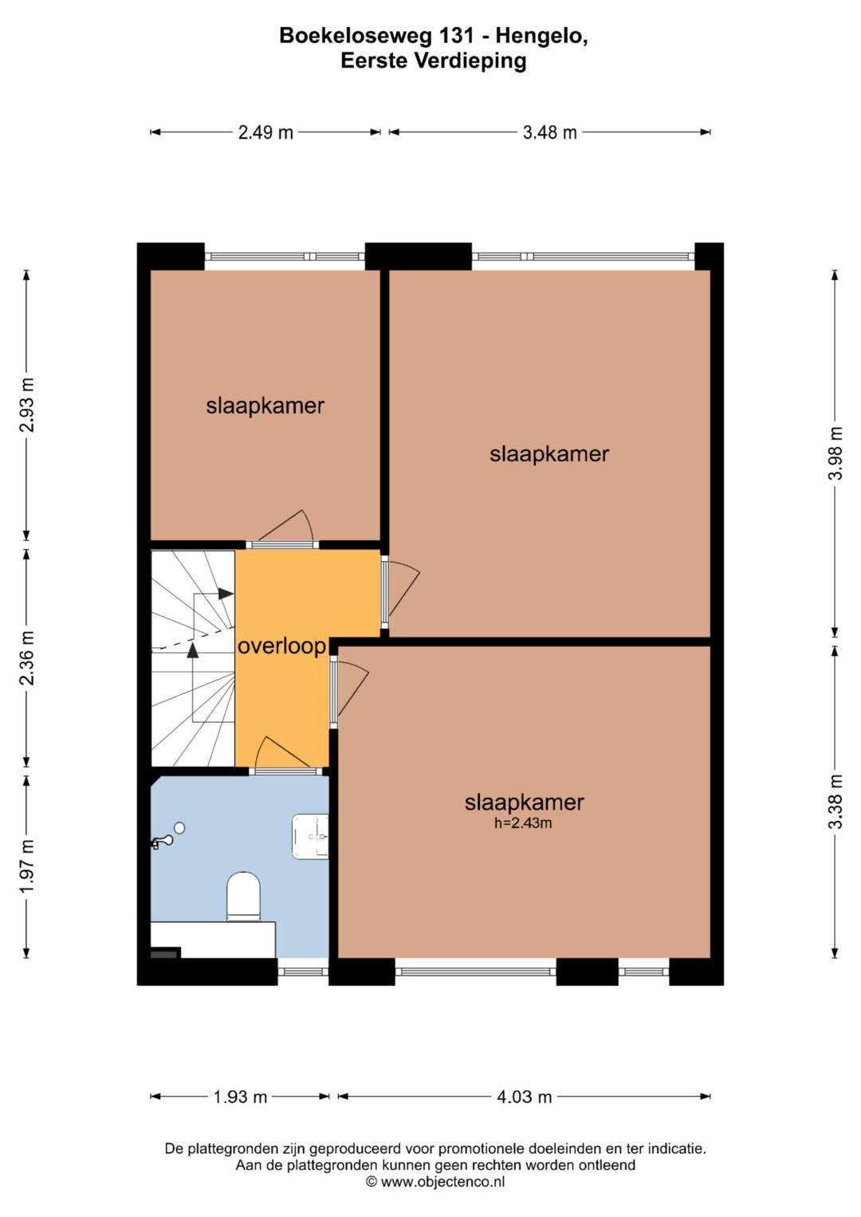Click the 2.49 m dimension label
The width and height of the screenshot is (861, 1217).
coord(265,132)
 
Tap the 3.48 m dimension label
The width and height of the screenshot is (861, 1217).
coord(549,132)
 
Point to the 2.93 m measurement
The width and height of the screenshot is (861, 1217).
coord(26,405)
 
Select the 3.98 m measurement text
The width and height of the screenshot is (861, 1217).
coord(835,453)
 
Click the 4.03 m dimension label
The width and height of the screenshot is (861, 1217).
coord(524,1097)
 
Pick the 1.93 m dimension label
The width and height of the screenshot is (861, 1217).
coord(240,1097)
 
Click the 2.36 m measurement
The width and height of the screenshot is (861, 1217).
coord(26,658)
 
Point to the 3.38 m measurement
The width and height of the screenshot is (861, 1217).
coord(835,802)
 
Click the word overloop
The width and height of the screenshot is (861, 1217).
coord(281,646)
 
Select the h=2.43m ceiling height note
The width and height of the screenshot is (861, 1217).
coord(523,822)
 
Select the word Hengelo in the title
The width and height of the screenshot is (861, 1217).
coord(541,36)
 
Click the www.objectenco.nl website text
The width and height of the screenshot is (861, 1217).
coord(442,1181)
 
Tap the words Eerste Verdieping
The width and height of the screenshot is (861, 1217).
coord(433,61)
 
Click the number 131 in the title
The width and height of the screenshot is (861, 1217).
coord(461,36)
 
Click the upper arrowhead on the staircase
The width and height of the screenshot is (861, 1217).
coord(226,594)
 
